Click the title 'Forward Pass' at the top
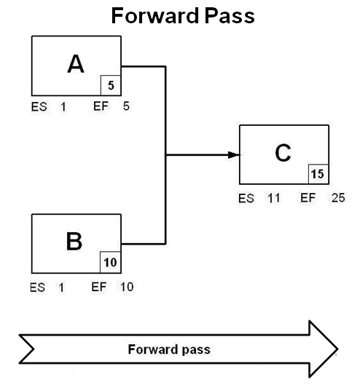click(x=183, y=15)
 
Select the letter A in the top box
click(x=75, y=65)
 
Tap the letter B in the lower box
click(x=74, y=242)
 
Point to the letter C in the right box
click(x=283, y=153)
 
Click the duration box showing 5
click(x=111, y=85)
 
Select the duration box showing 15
click(x=318, y=174)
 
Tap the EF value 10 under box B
click(x=126, y=287)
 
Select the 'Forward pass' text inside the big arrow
click(x=169, y=349)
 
